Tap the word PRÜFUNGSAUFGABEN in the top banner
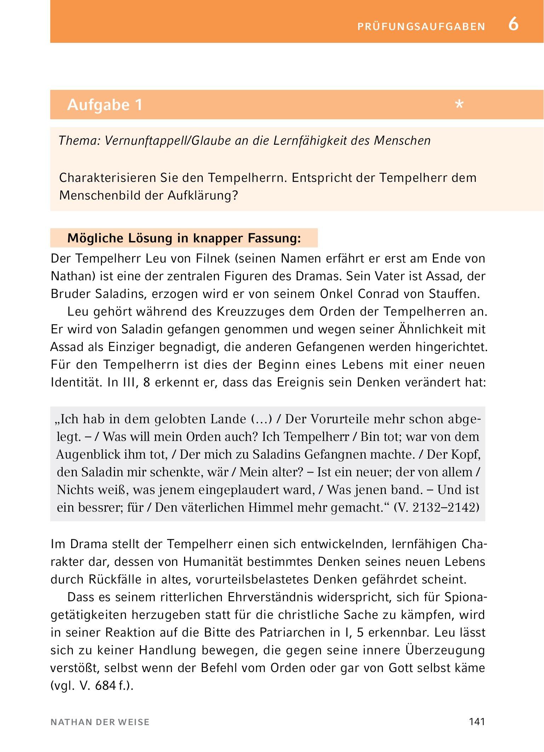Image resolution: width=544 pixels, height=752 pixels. click(x=421, y=27)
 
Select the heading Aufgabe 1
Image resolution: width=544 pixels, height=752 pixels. click(x=105, y=105)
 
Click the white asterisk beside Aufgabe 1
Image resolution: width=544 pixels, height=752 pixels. click(x=459, y=105)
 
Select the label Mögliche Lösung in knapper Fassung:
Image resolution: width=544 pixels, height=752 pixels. click(x=184, y=238)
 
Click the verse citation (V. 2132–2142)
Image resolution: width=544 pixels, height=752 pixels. click(x=437, y=508)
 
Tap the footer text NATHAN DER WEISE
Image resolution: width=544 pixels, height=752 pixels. click(x=100, y=722)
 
